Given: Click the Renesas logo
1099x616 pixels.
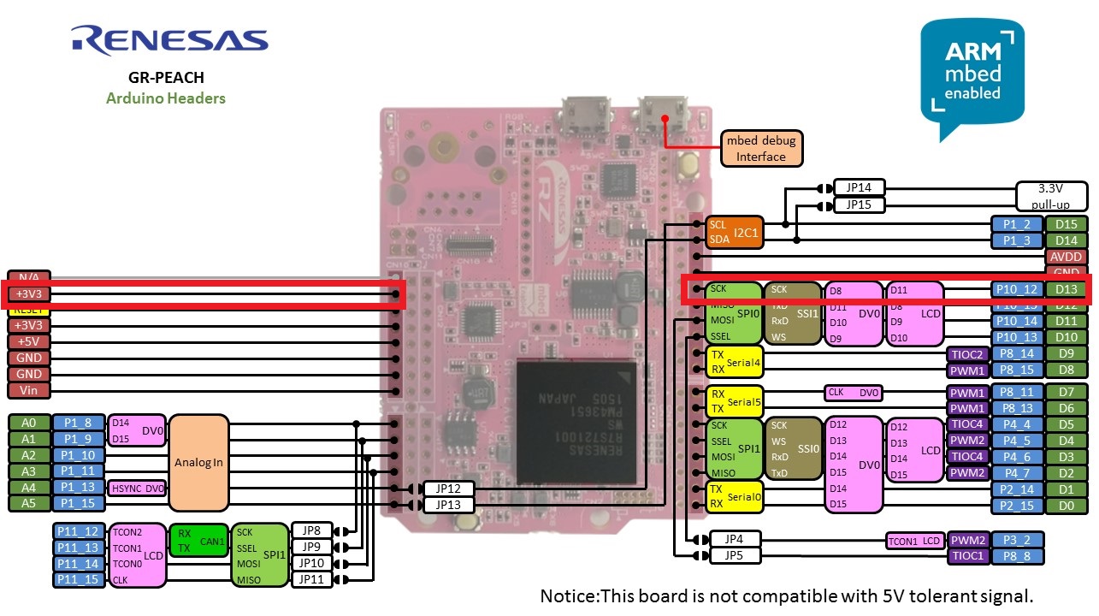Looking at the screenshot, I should [x=169, y=40].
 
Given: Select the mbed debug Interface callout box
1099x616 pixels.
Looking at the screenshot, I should [x=760, y=148].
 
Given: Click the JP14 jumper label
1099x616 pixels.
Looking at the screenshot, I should [x=860, y=188].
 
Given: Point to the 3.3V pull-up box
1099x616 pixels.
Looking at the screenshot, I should [x=1051, y=197].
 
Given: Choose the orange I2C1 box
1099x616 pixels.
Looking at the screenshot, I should [x=734, y=232].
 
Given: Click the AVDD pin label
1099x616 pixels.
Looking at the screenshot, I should [x=1067, y=257].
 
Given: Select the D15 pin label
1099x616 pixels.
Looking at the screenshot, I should [x=1067, y=224].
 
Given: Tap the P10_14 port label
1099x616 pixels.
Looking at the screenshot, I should [x=1017, y=321].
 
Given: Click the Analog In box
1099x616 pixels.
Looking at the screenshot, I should [x=198, y=463].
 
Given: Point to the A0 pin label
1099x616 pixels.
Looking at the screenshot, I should [x=29, y=423].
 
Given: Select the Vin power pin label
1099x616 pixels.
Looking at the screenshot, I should [x=29, y=390].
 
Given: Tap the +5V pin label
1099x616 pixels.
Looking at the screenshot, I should [x=29, y=341].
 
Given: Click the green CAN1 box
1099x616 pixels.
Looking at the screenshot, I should [x=198, y=540].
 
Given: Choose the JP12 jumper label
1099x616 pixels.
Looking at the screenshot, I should [x=448, y=489].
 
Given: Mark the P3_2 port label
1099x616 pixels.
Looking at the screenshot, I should [x=1017, y=540].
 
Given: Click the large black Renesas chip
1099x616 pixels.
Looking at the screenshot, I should [x=576, y=422].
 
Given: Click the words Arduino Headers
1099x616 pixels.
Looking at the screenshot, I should [x=166, y=98].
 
